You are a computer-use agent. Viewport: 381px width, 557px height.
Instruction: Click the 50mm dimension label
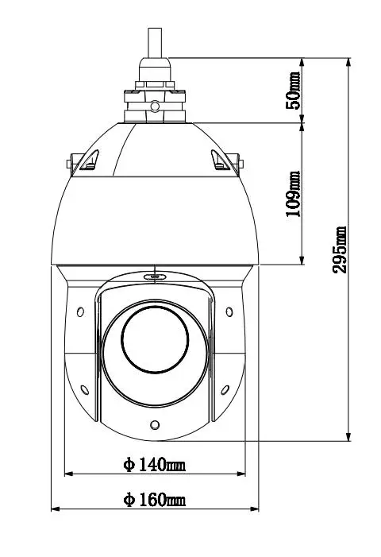294,89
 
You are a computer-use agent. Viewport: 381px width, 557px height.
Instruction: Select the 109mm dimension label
294,193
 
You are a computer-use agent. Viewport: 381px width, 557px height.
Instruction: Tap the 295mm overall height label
340,249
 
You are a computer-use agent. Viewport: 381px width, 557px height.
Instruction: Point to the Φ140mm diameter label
154,465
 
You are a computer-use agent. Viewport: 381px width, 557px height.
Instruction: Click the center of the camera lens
156,338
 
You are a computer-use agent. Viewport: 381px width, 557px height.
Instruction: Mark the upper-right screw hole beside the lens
229,311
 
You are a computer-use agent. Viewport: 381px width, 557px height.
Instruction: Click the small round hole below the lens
156,424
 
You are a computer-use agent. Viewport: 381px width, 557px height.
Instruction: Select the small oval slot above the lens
155,277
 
